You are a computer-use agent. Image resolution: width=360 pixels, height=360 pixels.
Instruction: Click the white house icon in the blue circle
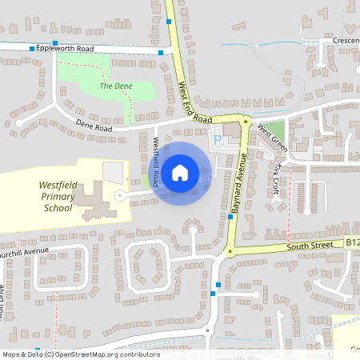(180, 172)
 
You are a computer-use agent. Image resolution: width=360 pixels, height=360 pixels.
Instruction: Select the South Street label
(313, 245)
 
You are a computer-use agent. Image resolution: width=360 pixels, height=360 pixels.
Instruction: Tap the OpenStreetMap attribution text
(80, 354)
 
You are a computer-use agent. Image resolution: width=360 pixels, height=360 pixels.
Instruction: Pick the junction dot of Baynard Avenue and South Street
(230, 252)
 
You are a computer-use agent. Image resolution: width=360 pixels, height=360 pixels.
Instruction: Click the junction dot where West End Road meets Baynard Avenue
(246, 121)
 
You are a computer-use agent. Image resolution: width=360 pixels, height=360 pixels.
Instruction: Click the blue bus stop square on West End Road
(169, 22)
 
